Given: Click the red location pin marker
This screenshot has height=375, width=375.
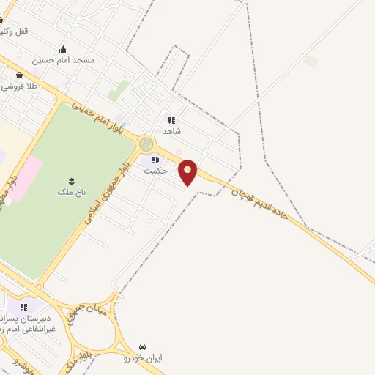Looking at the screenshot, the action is pos(188,172).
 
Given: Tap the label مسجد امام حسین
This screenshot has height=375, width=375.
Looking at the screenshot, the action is pos(68,60).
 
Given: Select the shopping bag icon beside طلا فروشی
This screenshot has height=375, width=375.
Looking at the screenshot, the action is pos(18,74).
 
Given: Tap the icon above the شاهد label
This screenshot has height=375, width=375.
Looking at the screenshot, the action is pos(171,120).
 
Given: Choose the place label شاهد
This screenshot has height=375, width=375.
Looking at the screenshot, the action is pos(172,131).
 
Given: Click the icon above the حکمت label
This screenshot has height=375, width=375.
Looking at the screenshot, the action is pos(155,160).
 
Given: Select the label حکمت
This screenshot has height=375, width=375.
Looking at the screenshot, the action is pos(156,171).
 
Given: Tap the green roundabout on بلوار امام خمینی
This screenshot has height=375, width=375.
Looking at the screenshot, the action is pos(146,144).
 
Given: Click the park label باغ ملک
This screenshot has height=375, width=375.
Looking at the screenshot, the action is pos(71,192).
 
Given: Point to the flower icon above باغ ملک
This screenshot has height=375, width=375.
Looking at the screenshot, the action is pos(71,180).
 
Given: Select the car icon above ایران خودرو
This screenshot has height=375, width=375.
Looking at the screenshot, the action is pos(143,346).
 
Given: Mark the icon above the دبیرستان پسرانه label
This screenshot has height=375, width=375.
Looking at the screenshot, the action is pos(23,307).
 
